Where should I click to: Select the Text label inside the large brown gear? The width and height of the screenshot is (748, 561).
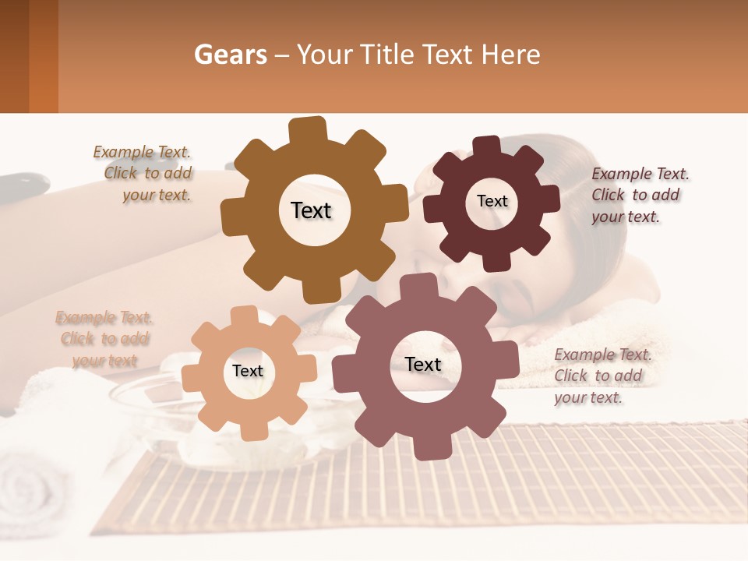[x=311, y=210]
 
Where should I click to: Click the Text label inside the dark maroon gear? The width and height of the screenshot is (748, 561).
[x=492, y=201]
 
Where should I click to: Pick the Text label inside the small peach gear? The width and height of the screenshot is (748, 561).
[x=247, y=371]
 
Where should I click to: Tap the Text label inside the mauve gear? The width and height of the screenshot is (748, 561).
[x=423, y=364]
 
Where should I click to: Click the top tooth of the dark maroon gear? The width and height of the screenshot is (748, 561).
[x=486, y=147]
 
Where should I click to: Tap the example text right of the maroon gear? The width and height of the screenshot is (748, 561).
[x=640, y=195]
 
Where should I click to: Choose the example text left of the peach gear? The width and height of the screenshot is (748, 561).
[x=104, y=339]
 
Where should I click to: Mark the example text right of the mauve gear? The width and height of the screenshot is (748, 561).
[x=602, y=376]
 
